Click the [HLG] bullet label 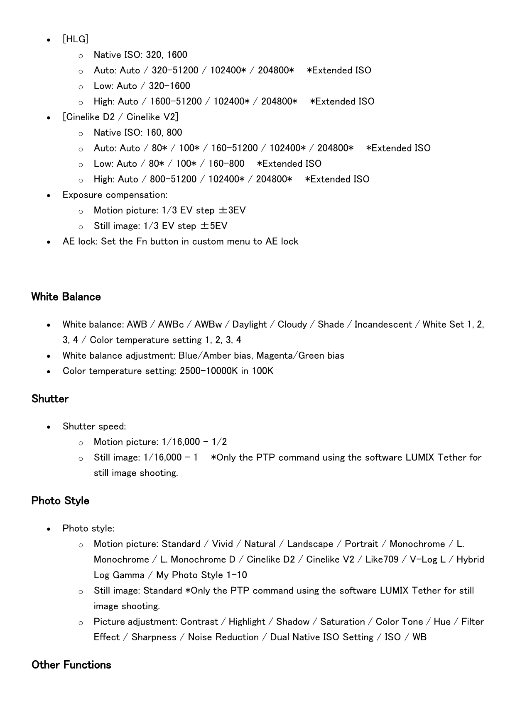coord(76,39)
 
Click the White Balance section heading coord(66,297)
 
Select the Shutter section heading coord(50,399)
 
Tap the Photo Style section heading coord(60,501)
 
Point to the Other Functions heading coord(71,665)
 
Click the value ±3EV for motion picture coord(232,210)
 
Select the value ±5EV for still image coord(213,226)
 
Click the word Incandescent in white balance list coord(383,324)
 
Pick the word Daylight coord(249,324)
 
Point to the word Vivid coord(222,544)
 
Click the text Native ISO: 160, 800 coord(138,133)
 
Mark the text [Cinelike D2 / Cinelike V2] coord(120,117)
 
